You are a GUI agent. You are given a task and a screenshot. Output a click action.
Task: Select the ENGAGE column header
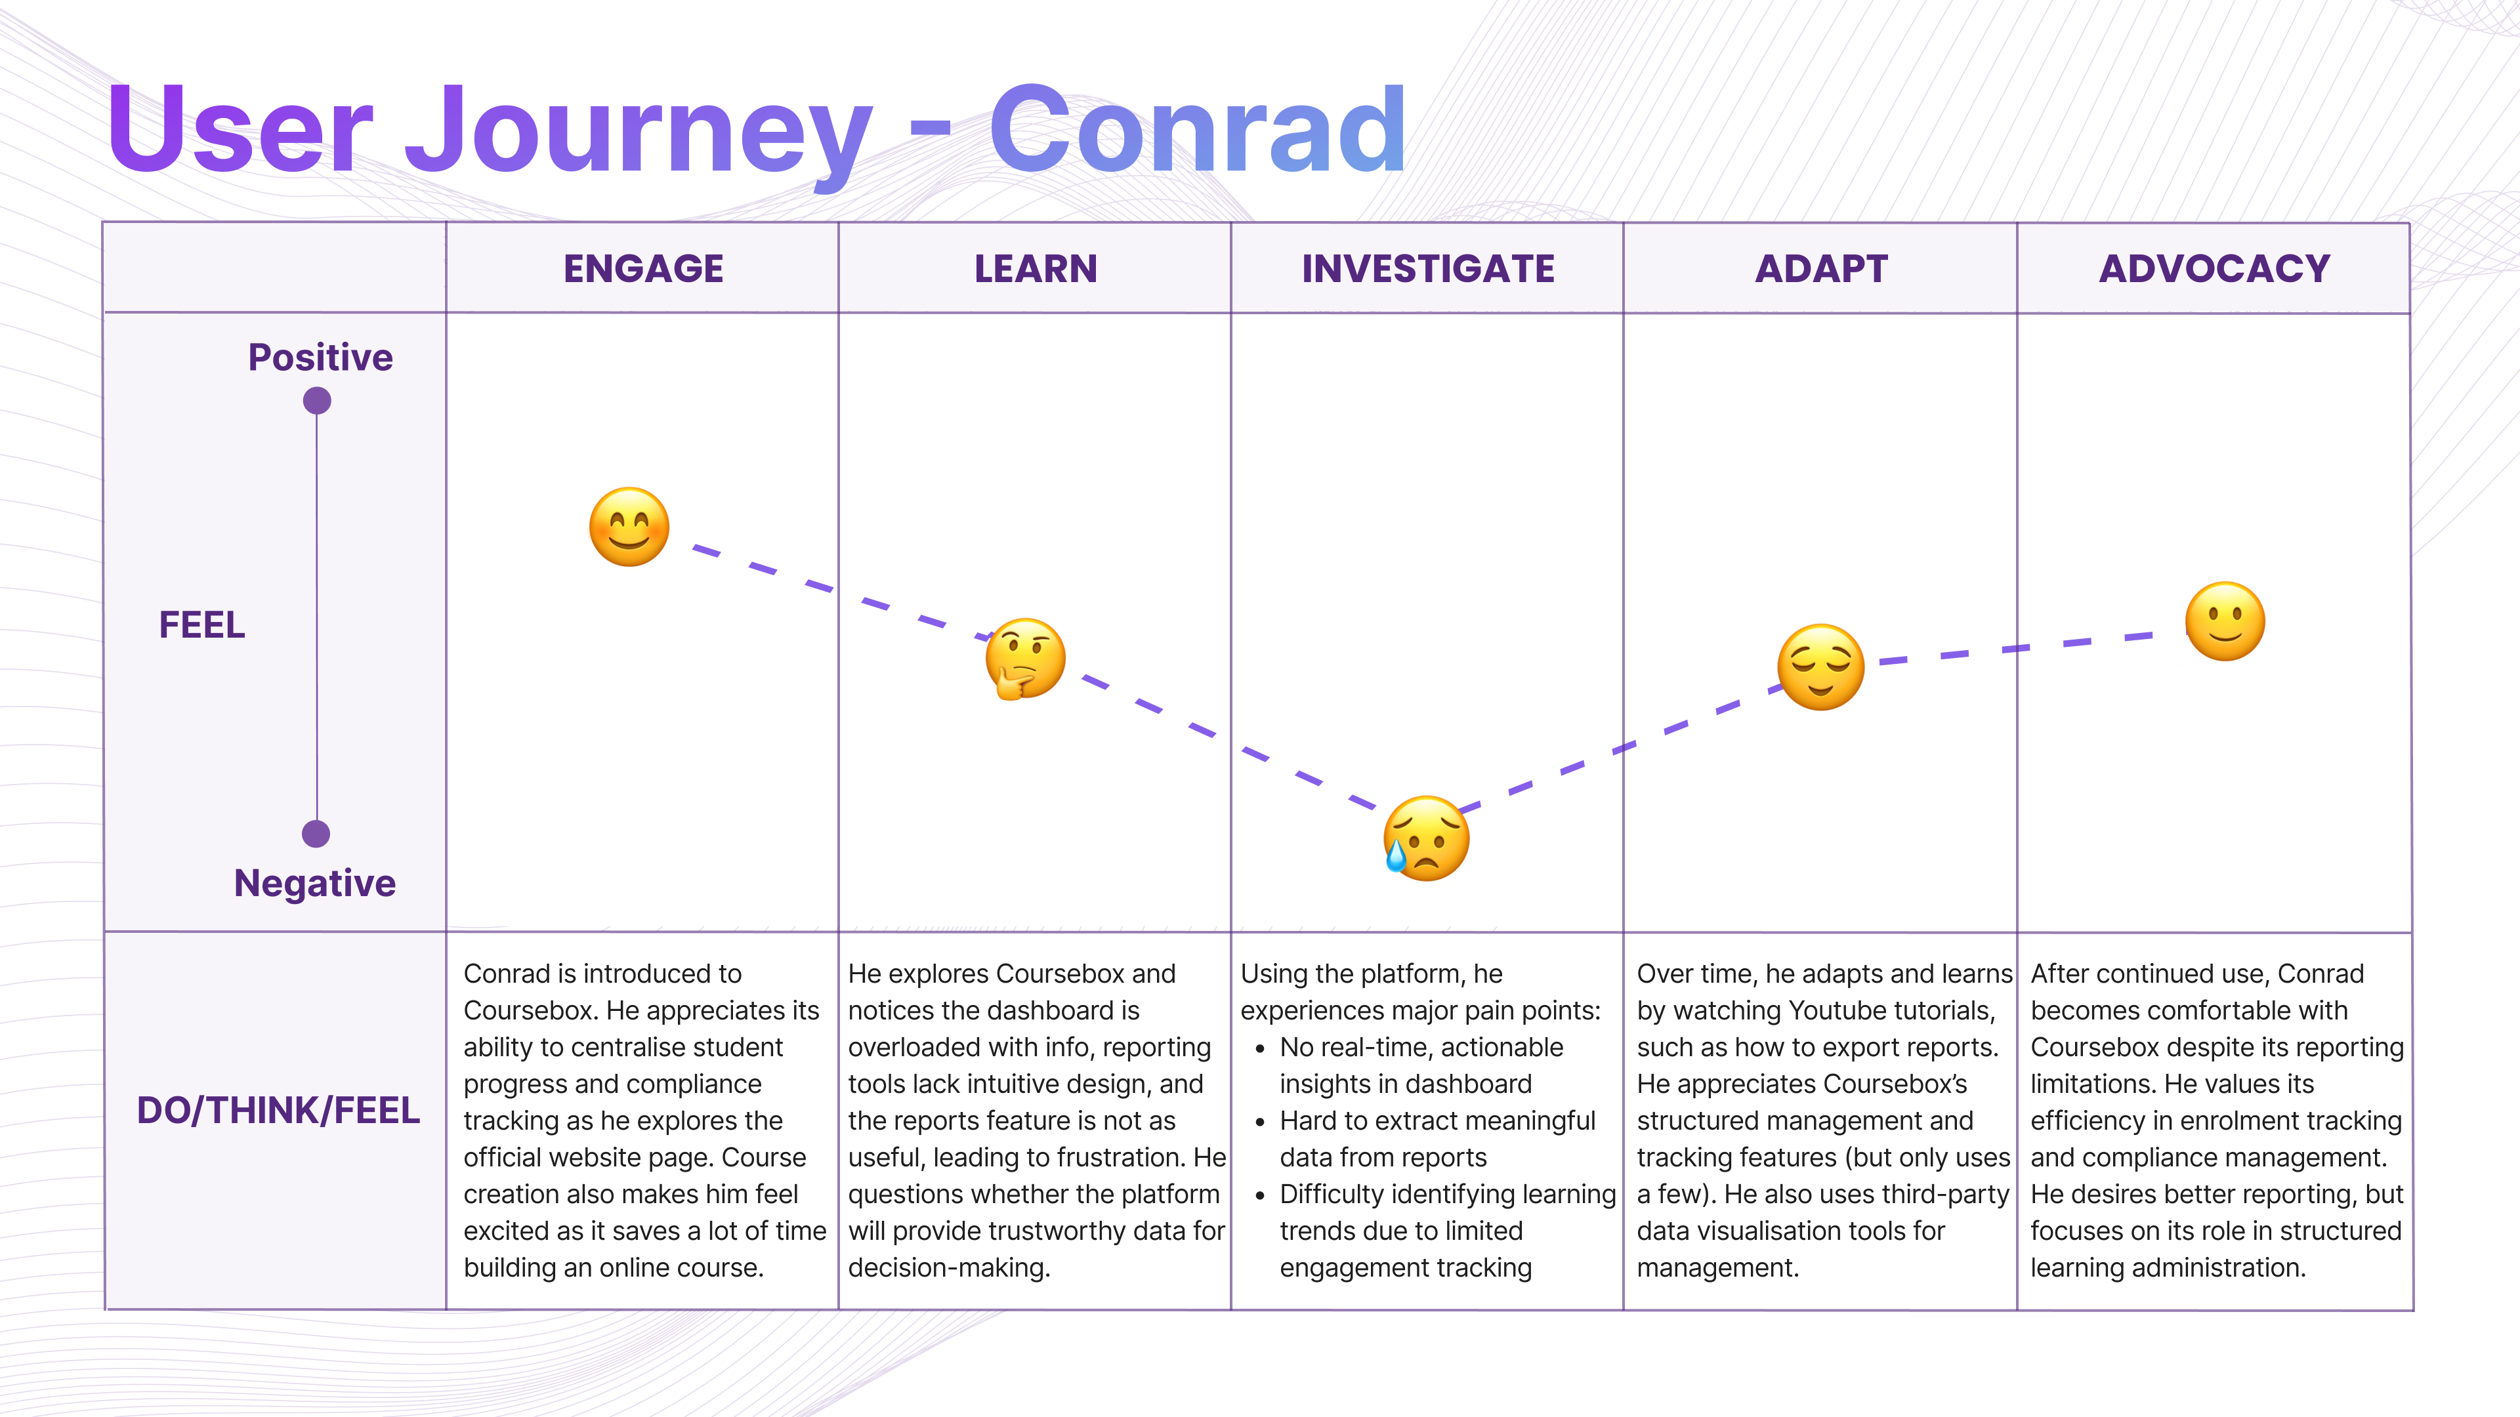tap(642, 269)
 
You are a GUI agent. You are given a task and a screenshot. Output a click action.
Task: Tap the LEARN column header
tap(1035, 269)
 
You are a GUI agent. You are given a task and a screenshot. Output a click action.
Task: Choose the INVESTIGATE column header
tap(1427, 269)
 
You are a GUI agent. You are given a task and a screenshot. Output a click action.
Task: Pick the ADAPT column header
tap(1820, 269)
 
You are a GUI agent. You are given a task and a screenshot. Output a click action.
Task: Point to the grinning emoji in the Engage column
tap(629, 527)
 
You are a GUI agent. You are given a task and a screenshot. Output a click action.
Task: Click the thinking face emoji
tap(1024, 658)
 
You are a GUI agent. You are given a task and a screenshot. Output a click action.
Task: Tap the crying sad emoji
tap(1425, 838)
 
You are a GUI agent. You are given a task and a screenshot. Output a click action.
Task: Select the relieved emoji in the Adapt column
tap(1820, 667)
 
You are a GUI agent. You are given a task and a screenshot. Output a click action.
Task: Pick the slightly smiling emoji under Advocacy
tap(2225, 622)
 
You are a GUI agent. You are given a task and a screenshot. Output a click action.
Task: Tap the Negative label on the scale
tap(314, 883)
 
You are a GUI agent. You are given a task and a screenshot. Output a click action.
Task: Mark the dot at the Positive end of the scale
tap(317, 401)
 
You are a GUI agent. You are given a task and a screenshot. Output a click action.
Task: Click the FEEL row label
tap(201, 625)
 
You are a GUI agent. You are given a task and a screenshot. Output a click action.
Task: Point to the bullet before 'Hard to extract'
tap(1260, 1122)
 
